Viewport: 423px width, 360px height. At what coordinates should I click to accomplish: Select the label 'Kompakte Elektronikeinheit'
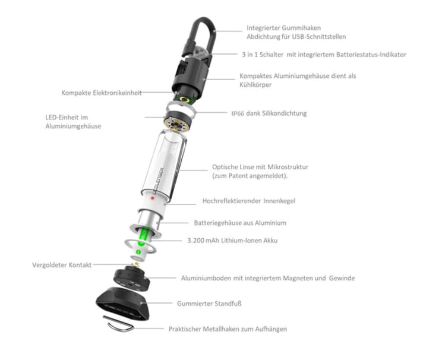point(101,93)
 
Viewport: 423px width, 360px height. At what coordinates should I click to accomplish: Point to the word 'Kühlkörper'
point(257,86)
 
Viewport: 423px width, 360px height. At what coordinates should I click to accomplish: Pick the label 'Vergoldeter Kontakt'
point(62,265)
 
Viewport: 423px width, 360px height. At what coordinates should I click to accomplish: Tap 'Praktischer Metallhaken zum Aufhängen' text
point(230,329)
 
